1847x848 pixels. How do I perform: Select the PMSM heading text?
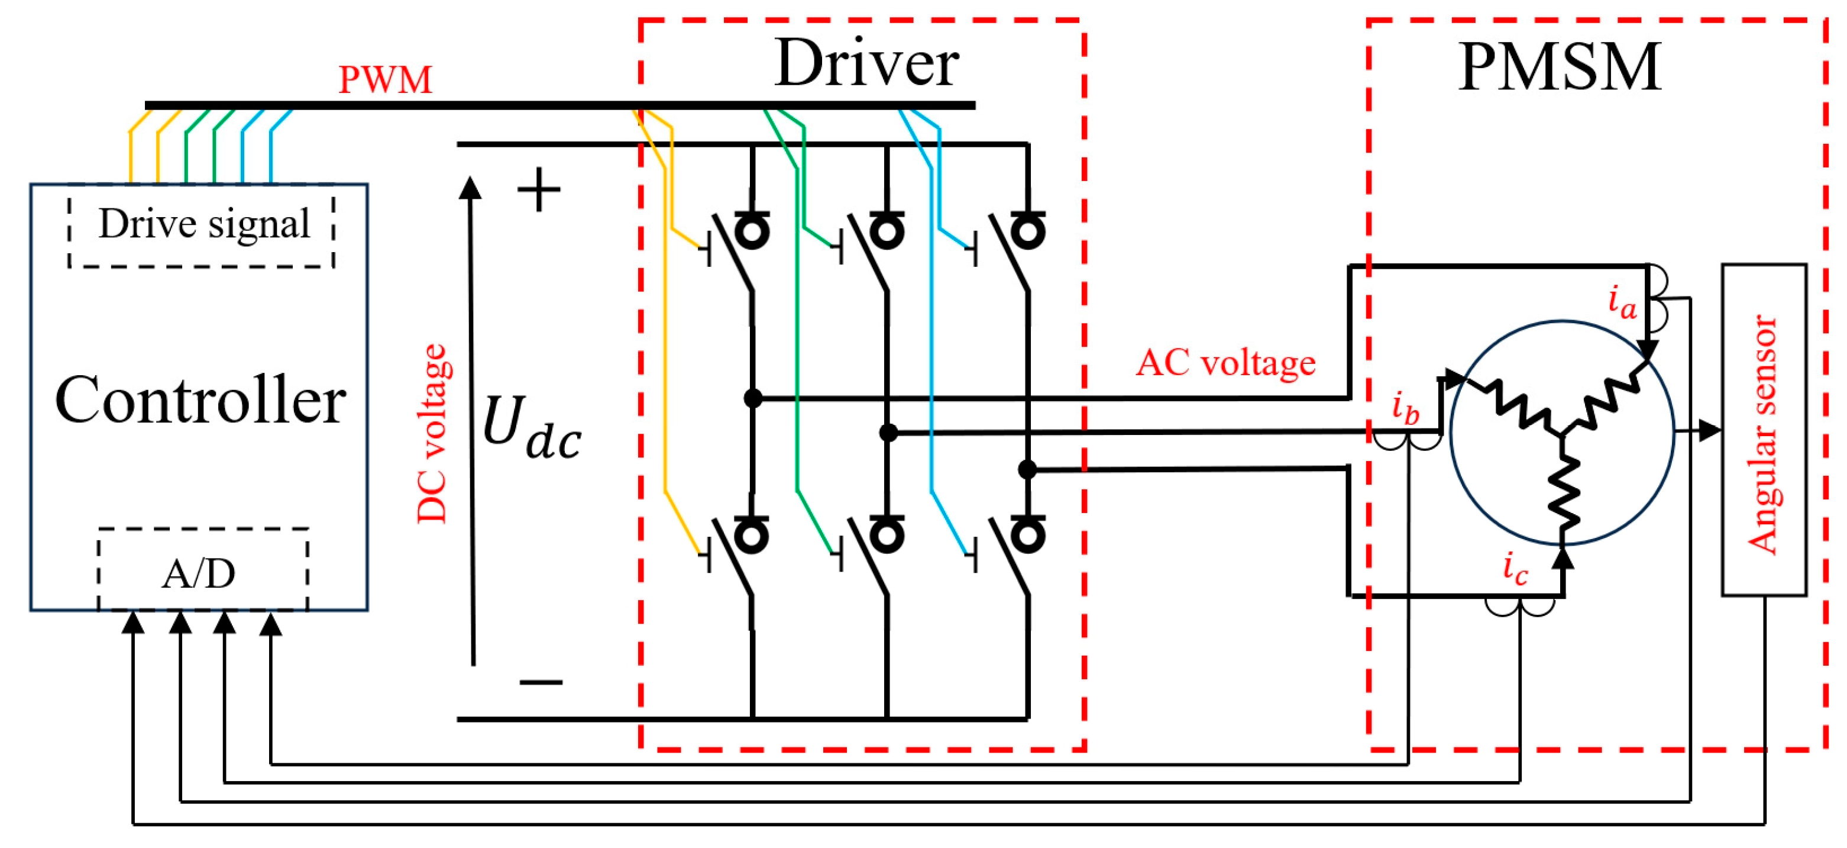pyautogui.click(x=1560, y=68)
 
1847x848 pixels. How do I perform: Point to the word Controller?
pyautogui.click(x=200, y=400)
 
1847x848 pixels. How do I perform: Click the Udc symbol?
pyautogui.click(x=531, y=428)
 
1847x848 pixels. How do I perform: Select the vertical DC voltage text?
pyautogui.click(x=432, y=433)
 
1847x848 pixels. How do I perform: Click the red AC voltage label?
pyautogui.click(x=1225, y=363)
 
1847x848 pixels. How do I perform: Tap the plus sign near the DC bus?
pyautogui.click(x=538, y=190)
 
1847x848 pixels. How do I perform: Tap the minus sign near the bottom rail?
pyautogui.click(x=541, y=681)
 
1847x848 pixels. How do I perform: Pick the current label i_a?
pyautogui.click(x=1622, y=301)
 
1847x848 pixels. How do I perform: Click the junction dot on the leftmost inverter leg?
pyautogui.click(x=753, y=398)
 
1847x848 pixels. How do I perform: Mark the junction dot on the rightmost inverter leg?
pyautogui.click(x=1027, y=469)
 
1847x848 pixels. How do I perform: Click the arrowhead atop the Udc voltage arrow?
pyautogui.click(x=470, y=188)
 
